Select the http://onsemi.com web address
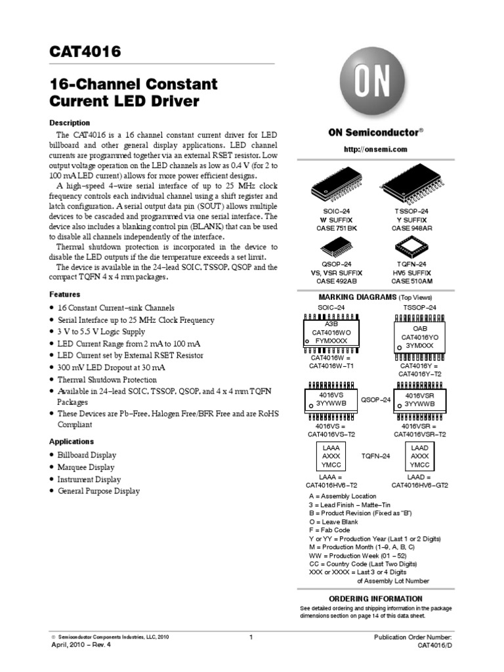coord(375,149)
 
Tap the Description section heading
coord(70,123)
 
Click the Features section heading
coord(65,295)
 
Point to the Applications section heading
coord(72,442)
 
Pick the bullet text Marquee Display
coord(87,467)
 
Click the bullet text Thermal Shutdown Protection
coord(107,379)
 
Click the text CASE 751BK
coord(331,228)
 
